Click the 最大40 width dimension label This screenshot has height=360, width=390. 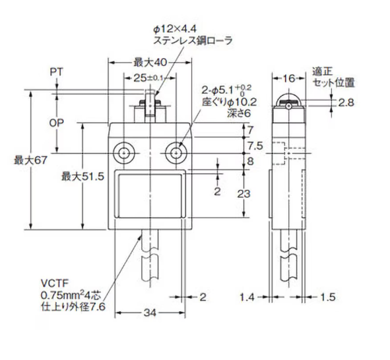pyautogui.click(x=149, y=63)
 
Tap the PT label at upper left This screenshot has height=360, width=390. pyautogui.click(x=57, y=72)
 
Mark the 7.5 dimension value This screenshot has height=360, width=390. pyautogui.click(x=255, y=145)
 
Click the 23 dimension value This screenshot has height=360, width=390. pyautogui.click(x=255, y=194)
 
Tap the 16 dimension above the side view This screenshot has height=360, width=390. pyautogui.click(x=288, y=78)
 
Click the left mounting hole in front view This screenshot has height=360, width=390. pyautogui.click(x=123, y=152)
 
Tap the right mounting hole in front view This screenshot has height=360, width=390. pyautogui.click(x=175, y=152)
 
